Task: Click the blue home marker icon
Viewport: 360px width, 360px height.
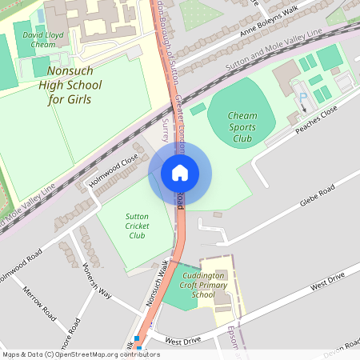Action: tap(179, 172)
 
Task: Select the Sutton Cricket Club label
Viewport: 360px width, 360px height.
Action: tap(137, 226)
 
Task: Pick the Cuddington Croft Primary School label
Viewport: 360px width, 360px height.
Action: tap(214, 284)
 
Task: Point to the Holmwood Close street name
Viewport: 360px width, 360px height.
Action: tap(114, 170)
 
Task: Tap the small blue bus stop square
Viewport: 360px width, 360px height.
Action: tap(138, 339)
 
